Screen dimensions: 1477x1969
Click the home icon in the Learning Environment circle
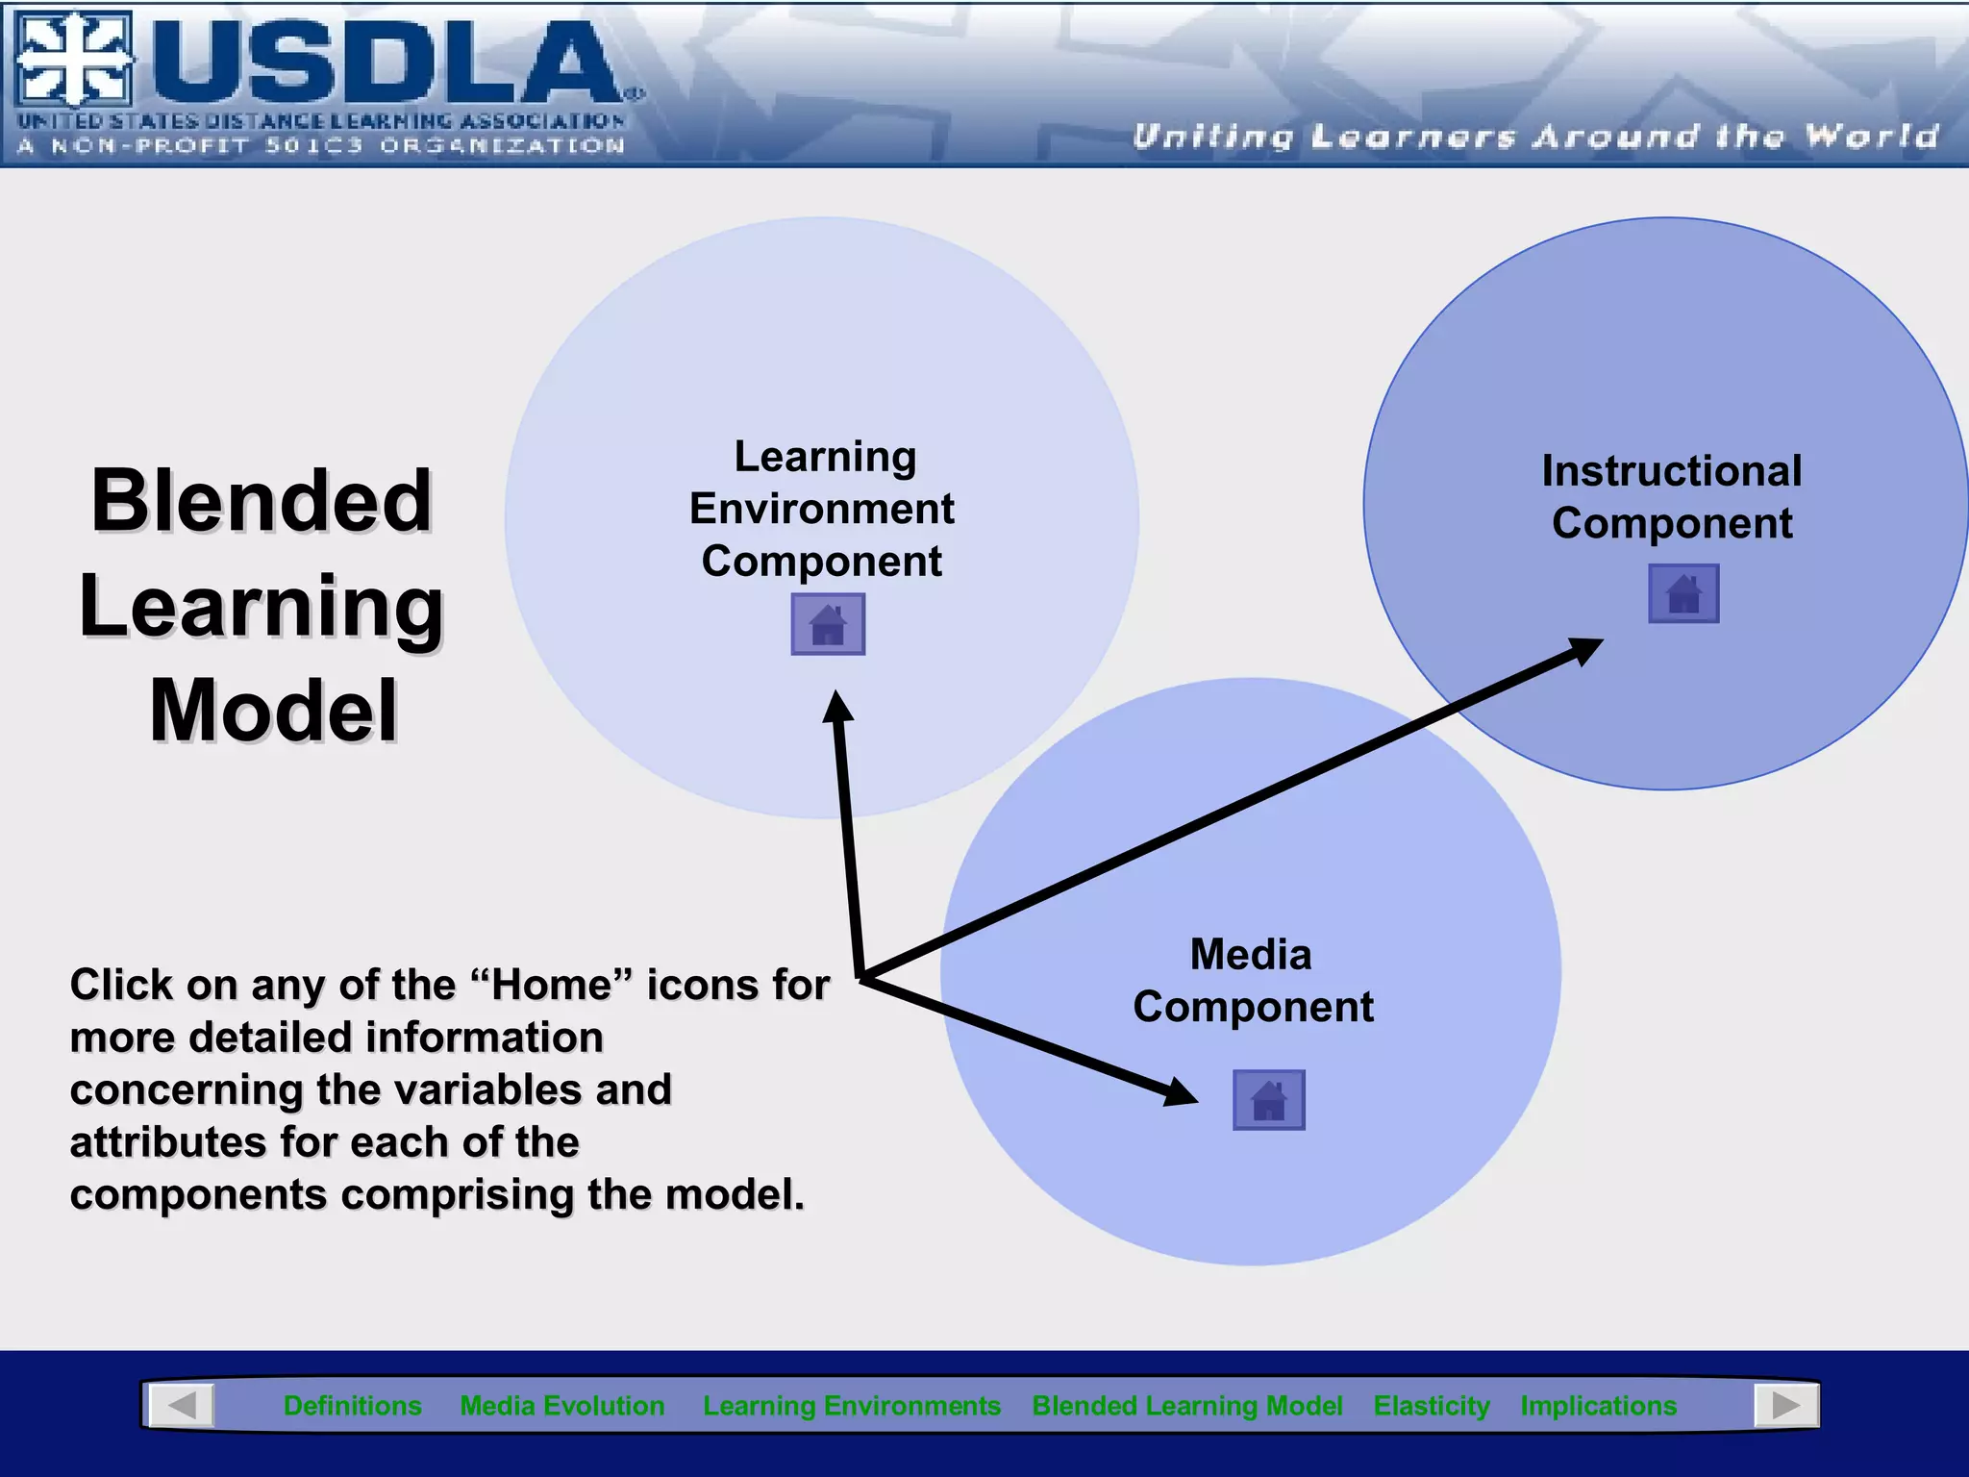click(x=828, y=624)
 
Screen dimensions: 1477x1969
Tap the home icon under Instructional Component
click(x=1683, y=593)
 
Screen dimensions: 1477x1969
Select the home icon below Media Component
click(x=1268, y=1099)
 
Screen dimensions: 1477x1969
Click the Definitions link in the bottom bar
click(x=352, y=1405)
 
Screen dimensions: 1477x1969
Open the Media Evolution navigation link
click(x=561, y=1405)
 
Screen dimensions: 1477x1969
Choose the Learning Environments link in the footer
click(x=851, y=1405)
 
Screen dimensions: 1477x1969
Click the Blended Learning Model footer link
click(x=1186, y=1405)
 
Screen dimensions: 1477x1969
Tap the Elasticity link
click(x=1431, y=1405)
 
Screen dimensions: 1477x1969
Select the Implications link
click(x=1598, y=1405)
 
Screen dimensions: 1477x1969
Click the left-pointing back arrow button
click(x=182, y=1405)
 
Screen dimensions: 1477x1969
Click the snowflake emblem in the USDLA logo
click(x=74, y=60)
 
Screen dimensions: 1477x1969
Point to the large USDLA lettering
click(x=385, y=63)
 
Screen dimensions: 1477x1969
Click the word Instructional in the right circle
click(x=1671, y=471)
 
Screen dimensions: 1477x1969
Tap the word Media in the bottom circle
click(x=1250, y=955)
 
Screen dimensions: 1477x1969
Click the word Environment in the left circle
click(x=822, y=509)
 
